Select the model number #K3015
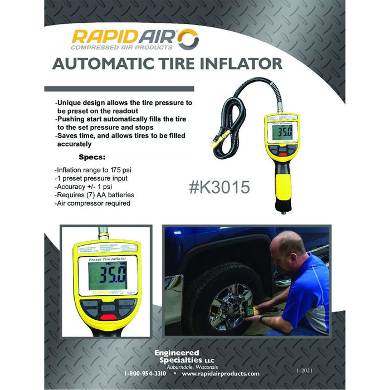coord(220,188)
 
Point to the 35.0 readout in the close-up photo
coord(108,275)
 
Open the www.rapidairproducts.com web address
coord(221,373)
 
